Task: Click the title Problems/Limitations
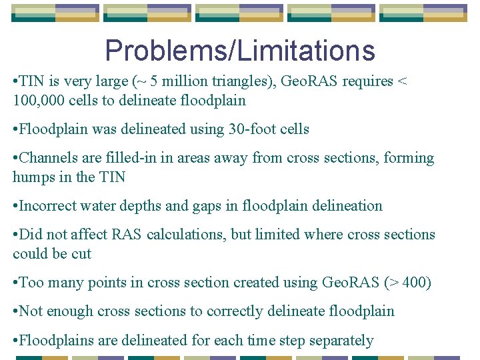click(x=240, y=51)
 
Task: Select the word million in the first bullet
click(x=170, y=82)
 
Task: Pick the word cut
click(x=81, y=254)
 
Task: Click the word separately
click(x=339, y=341)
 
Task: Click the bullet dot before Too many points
click(x=15, y=283)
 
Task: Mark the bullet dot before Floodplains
click(x=15, y=341)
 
